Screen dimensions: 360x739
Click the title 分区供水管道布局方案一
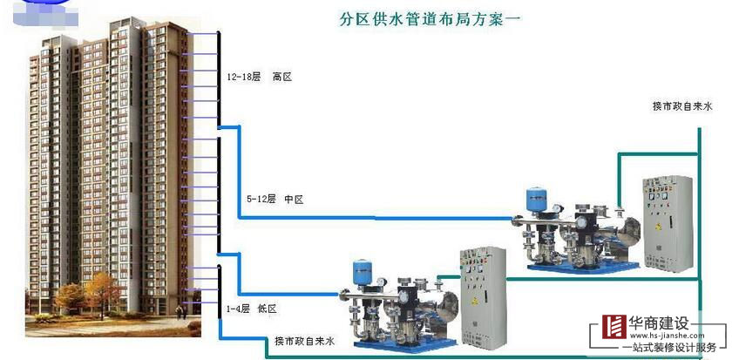(430, 17)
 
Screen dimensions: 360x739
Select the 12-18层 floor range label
(244, 78)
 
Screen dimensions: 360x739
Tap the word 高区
(281, 78)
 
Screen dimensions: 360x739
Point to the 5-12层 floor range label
(261, 200)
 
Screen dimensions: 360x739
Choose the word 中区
(294, 200)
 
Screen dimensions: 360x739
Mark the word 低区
(267, 309)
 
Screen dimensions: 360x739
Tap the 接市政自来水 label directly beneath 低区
(304, 341)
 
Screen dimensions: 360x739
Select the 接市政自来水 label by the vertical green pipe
(682, 106)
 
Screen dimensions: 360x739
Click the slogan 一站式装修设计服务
(668, 347)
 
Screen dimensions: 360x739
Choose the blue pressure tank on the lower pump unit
(363, 272)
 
